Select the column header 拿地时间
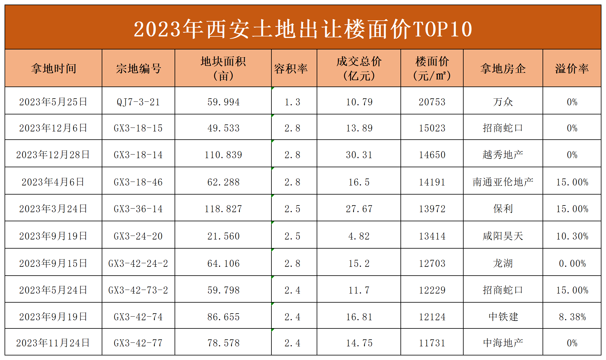click(53, 69)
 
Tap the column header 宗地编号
click(138, 69)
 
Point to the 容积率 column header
click(291, 69)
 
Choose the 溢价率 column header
click(572, 69)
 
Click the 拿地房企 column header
click(503, 69)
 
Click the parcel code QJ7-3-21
click(138, 102)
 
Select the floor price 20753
click(432, 102)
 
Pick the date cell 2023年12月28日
click(53, 155)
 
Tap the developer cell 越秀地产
click(503, 155)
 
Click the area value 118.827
click(223, 209)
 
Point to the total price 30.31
click(359, 155)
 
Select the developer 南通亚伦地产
click(503, 182)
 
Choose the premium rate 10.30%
click(572, 236)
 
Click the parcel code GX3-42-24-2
click(138, 263)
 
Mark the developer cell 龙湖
click(503, 263)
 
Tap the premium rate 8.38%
click(572, 317)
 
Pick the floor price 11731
click(432, 343)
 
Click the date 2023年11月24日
click(53, 343)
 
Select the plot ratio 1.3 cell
click(292, 102)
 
